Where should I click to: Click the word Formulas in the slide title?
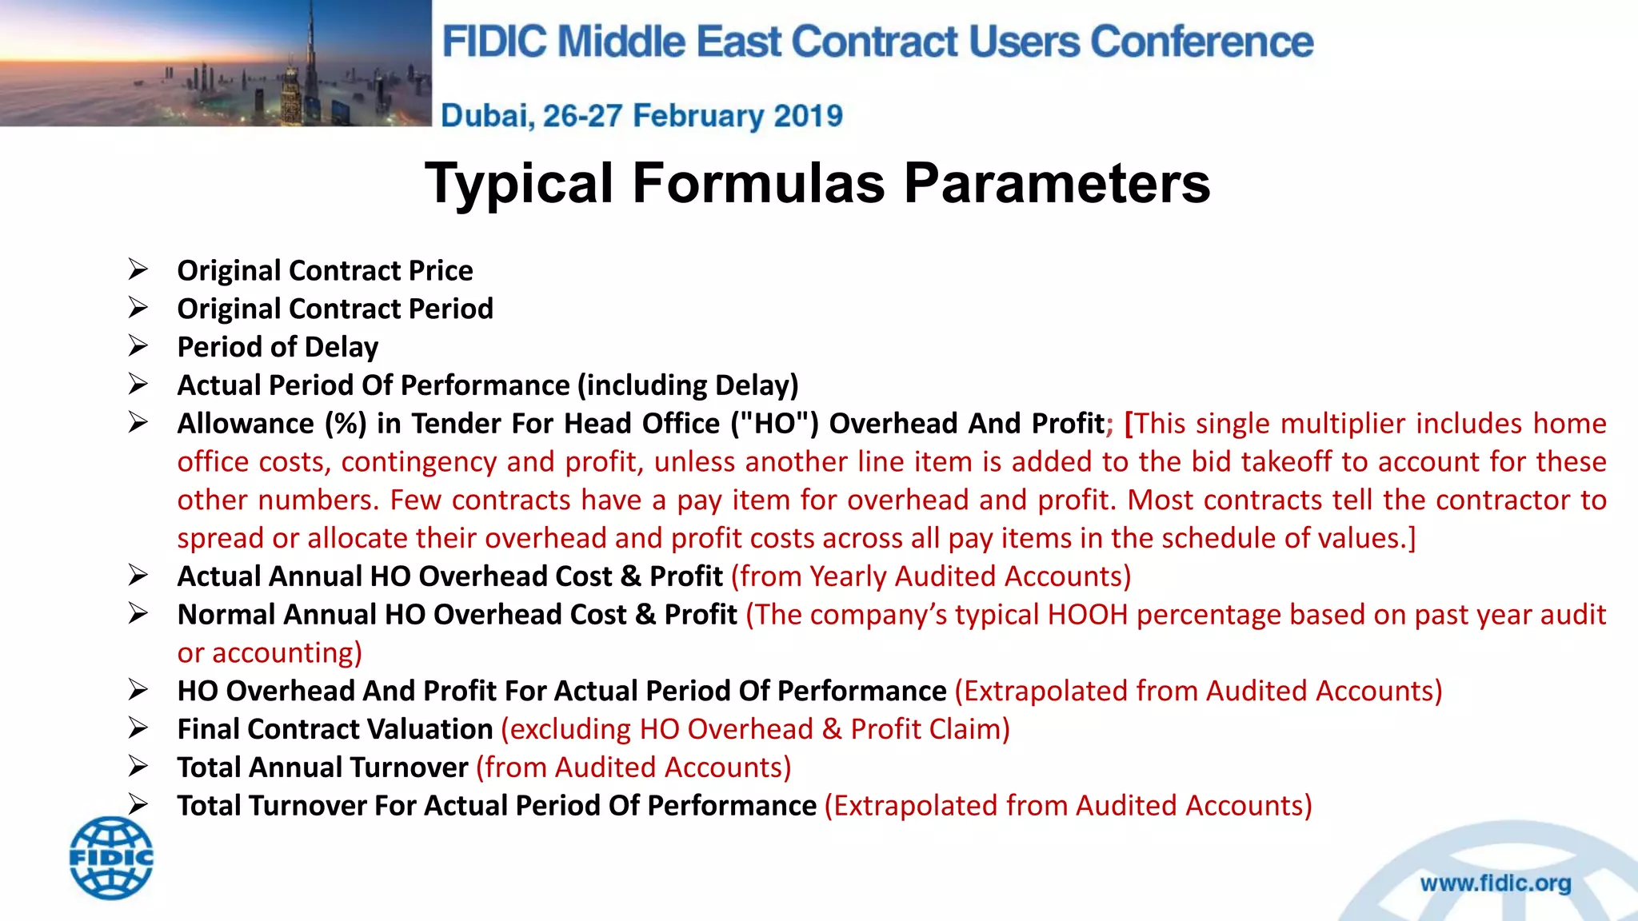coord(759,183)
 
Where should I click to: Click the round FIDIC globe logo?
coord(111,858)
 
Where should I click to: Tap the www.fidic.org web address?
coord(1495,883)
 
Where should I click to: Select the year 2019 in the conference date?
coord(808,116)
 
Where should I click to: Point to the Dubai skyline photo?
coord(215,63)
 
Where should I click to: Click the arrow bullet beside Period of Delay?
coord(138,346)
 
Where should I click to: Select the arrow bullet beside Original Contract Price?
coord(138,270)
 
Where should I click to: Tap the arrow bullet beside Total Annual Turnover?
coord(138,767)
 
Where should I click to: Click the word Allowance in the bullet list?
coord(246,424)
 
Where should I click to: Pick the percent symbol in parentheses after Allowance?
coord(346,424)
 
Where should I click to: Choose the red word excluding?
coord(571,729)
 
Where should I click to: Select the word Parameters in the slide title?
coord(1057,183)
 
